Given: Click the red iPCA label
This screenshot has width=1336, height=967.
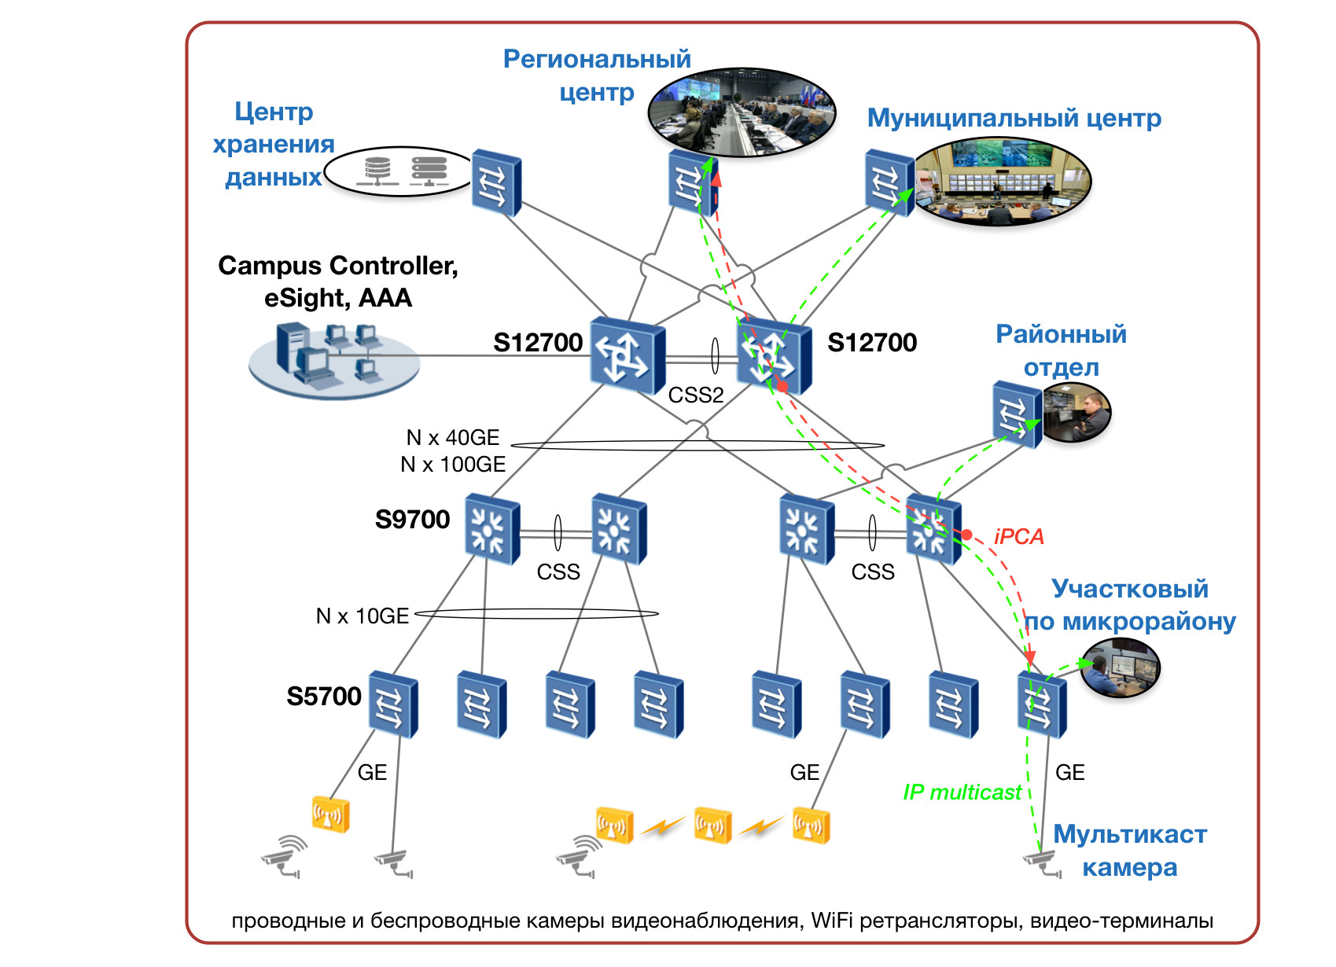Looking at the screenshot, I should click(x=1018, y=536).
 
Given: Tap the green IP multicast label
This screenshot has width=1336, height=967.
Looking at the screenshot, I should click(x=962, y=792).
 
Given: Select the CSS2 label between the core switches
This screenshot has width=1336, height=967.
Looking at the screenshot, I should click(x=695, y=395).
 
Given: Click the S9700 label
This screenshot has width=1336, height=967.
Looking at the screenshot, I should click(x=412, y=519).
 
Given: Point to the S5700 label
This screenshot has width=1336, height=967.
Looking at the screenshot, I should click(x=323, y=696).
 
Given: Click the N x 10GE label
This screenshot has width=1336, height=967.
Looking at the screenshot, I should click(x=362, y=616).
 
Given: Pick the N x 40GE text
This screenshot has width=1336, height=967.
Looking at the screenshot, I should click(x=452, y=437).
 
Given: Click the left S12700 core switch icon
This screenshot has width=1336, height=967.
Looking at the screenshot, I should click(x=627, y=355).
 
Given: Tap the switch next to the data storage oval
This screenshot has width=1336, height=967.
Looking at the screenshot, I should click(x=495, y=182).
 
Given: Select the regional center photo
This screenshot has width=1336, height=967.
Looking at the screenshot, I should click(x=741, y=112).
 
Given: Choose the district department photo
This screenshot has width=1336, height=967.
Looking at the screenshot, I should click(x=1076, y=412).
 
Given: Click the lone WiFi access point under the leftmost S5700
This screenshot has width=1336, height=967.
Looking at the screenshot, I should click(x=330, y=814).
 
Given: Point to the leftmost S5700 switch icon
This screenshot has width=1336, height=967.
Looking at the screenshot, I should click(x=393, y=704).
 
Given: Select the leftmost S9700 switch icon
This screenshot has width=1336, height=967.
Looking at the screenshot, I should click(x=491, y=528).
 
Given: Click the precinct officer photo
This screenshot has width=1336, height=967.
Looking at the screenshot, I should click(x=1120, y=667).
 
